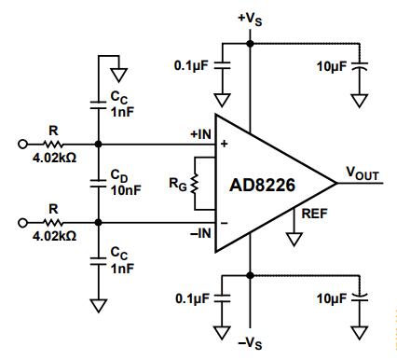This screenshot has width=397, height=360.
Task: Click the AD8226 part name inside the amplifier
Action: (x=262, y=186)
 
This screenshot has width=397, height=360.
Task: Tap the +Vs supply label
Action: (x=250, y=19)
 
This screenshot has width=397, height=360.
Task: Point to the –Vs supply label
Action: (x=250, y=343)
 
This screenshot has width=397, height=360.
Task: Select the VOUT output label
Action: (x=363, y=173)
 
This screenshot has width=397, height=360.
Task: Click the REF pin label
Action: (x=314, y=214)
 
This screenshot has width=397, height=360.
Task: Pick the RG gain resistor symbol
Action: (x=195, y=184)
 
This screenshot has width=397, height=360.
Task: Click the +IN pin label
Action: (x=200, y=134)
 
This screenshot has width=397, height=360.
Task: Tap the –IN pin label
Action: (x=200, y=233)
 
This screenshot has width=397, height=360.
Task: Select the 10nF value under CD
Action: (x=126, y=190)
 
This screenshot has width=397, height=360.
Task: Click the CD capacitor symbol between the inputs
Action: (x=98, y=184)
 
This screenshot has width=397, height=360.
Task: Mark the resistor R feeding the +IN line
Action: (x=53, y=145)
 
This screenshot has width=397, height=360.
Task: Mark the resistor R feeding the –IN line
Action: (x=53, y=223)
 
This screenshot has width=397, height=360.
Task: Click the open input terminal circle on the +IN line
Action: (x=22, y=145)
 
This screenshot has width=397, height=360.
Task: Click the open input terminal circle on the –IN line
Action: (x=22, y=223)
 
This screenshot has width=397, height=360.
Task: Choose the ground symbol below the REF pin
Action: (x=294, y=240)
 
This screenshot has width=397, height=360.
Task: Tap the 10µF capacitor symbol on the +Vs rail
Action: (x=360, y=66)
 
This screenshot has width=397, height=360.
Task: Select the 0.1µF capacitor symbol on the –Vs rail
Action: (x=222, y=298)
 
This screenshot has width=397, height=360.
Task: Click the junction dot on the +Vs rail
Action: (x=250, y=44)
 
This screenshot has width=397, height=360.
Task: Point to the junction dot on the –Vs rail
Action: (x=250, y=275)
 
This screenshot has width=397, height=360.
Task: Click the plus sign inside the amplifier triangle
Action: (x=224, y=144)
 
